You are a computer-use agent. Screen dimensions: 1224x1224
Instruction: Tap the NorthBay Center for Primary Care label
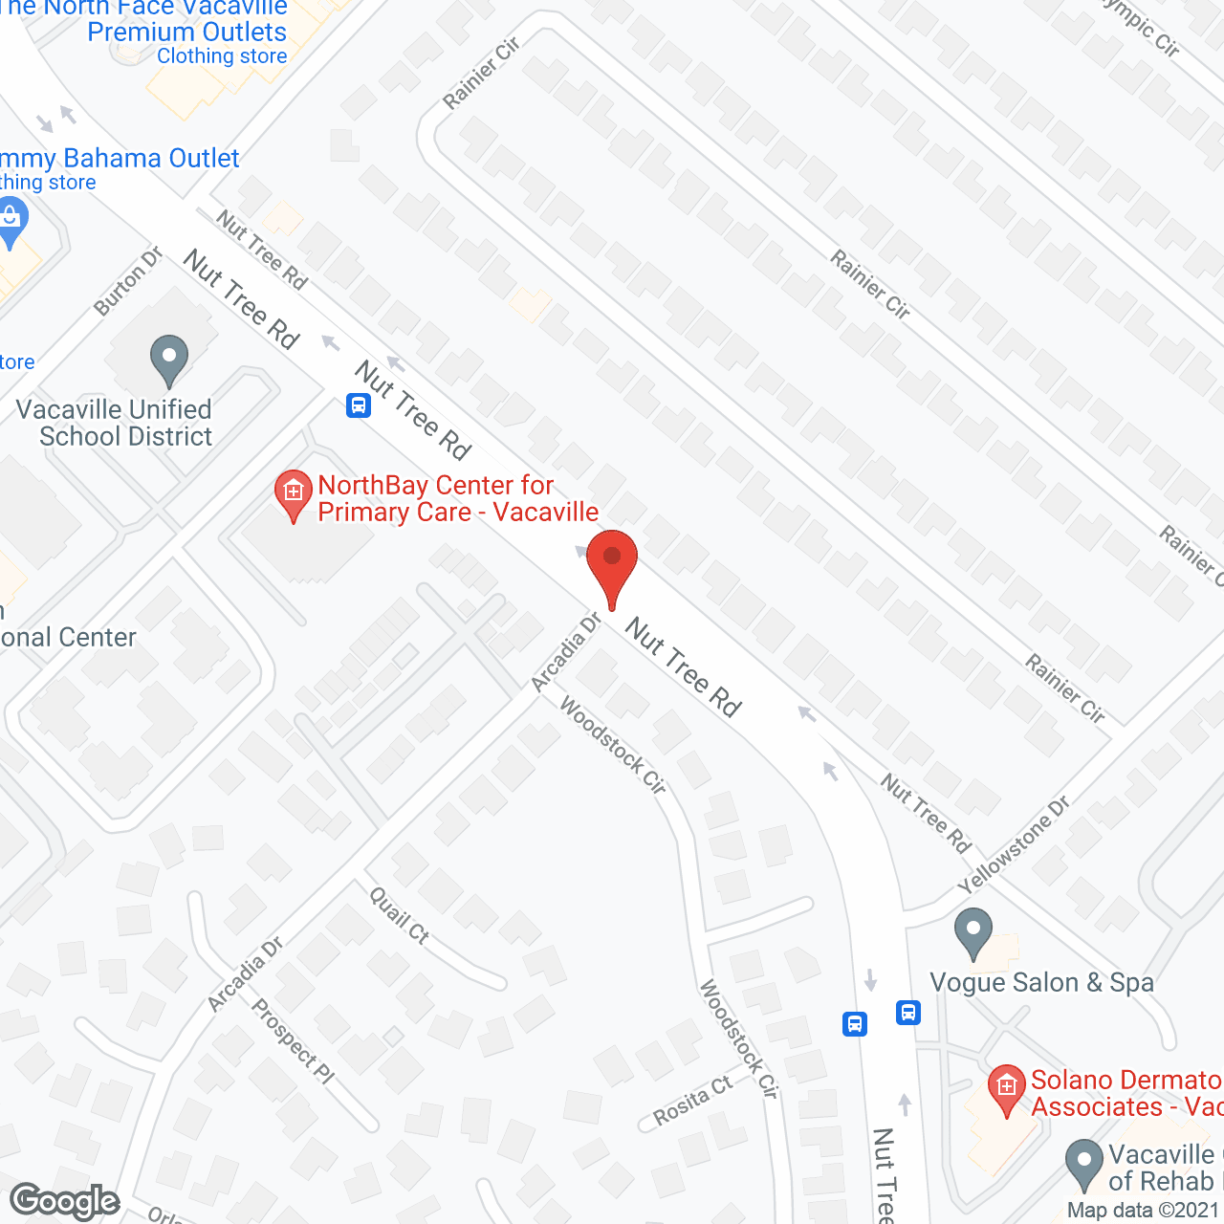[457, 499]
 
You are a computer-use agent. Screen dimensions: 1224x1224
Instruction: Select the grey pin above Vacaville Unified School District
[169, 360]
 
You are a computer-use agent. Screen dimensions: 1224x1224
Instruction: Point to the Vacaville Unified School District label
[115, 423]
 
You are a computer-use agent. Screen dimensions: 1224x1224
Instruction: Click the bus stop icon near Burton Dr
[359, 405]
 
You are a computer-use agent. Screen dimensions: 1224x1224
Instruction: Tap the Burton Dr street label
[129, 281]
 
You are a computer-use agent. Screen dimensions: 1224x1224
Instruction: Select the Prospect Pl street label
[293, 1040]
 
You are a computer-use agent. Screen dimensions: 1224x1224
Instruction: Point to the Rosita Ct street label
[692, 1100]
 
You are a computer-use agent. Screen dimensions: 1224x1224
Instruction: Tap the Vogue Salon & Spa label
[1041, 983]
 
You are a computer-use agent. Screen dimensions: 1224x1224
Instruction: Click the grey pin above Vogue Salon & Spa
[973, 932]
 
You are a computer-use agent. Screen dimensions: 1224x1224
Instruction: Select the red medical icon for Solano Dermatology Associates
[1006, 1088]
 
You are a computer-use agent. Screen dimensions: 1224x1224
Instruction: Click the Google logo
[65, 1201]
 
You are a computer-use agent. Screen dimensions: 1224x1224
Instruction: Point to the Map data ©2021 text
[1144, 1211]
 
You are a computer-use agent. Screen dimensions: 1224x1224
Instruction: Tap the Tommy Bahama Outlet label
[120, 159]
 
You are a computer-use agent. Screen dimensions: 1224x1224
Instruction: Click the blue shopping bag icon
[11, 221]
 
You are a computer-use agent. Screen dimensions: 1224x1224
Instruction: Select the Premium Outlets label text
[186, 33]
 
